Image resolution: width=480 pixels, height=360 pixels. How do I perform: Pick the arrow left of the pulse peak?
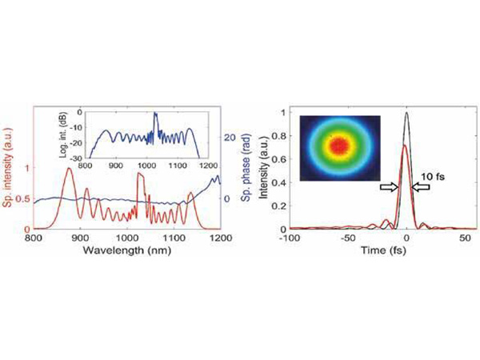point(388,186)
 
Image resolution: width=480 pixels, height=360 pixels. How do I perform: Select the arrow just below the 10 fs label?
point(422,186)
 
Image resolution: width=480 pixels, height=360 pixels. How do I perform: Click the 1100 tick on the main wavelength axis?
point(174,238)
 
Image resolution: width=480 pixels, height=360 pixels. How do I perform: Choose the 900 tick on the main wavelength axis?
point(79,238)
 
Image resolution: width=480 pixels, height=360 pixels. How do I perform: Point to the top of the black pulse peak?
point(407,114)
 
